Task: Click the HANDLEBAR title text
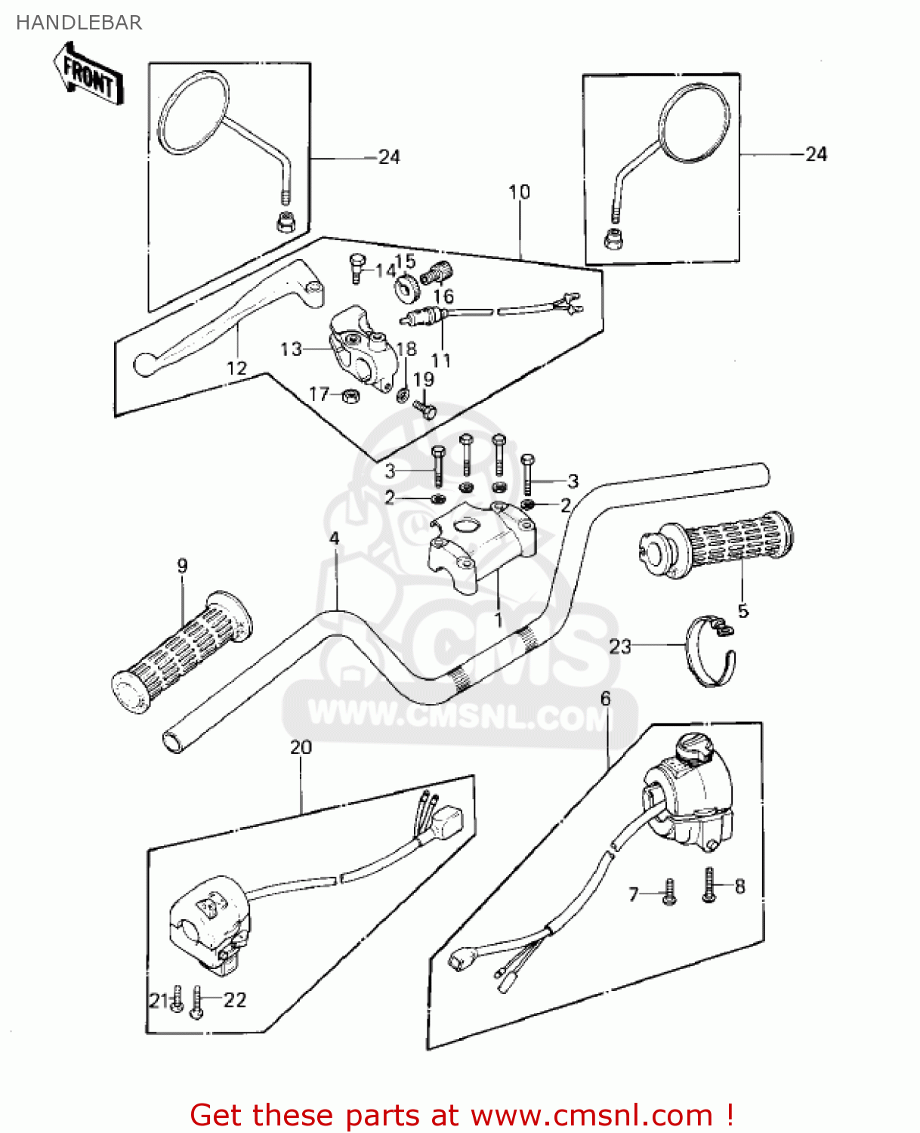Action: tap(79, 23)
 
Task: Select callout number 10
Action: tap(519, 192)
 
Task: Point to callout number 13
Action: tap(291, 349)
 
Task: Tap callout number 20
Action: tap(301, 747)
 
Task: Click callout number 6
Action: tap(605, 699)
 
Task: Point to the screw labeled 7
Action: tap(668, 892)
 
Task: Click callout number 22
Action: tap(235, 999)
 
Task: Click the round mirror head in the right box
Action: tap(695, 122)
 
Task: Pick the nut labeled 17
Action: tap(350, 395)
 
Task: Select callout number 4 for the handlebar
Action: tap(334, 539)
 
